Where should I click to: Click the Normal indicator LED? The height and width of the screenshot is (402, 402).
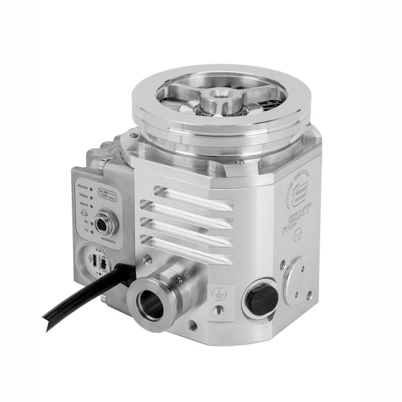click(91, 188)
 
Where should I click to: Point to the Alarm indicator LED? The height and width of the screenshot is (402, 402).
click(91, 206)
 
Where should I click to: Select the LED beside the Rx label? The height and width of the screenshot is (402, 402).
click(92, 223)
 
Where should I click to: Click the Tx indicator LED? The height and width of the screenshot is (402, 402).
click(92, 231)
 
